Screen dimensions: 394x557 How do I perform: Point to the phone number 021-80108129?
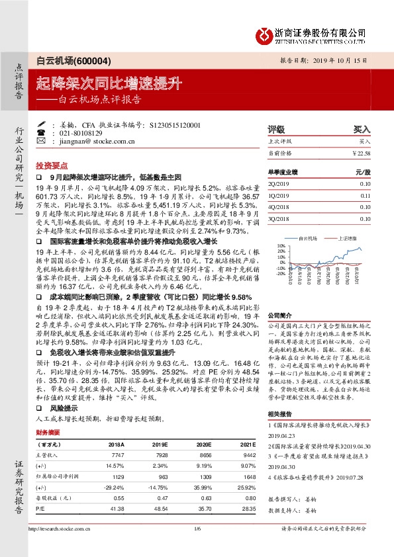click(x=83, y=132)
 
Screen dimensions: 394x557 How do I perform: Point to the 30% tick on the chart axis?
click(x=281, y=245)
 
